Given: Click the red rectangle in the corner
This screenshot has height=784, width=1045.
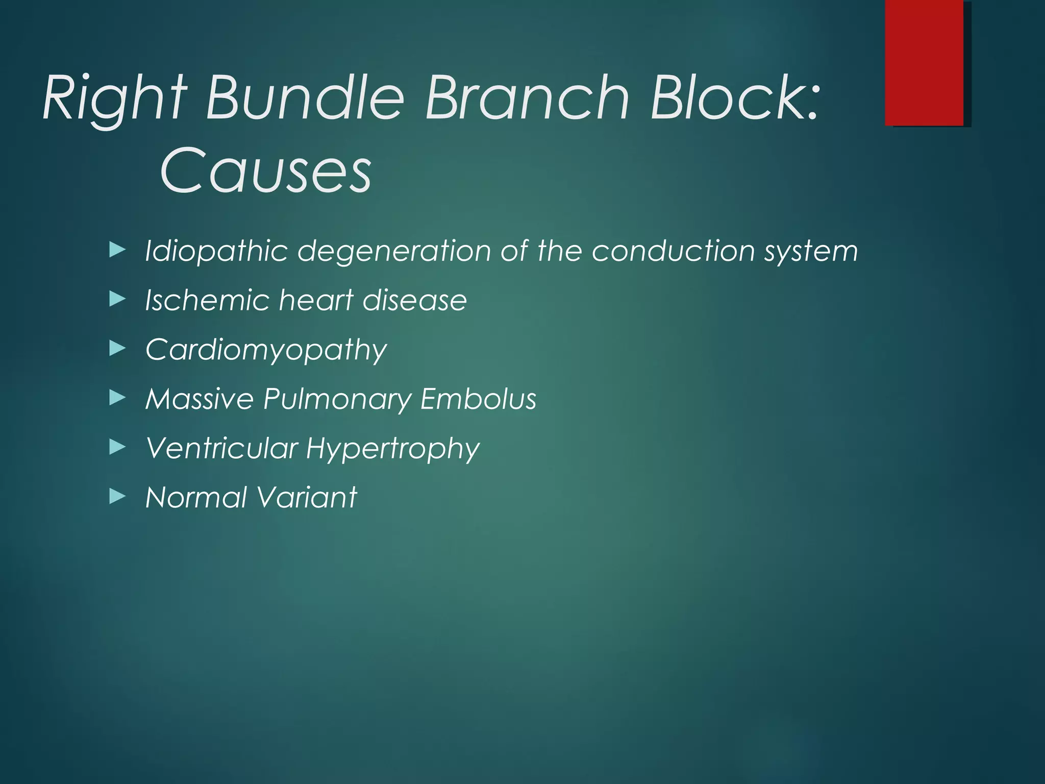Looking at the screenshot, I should (x=925, y=62).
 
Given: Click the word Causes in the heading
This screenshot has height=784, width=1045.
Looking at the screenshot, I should (x=265, y=170).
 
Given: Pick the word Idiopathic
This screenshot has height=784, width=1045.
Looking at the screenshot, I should (x=216, y=251).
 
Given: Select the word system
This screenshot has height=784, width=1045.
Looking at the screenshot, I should (x=811, y=251).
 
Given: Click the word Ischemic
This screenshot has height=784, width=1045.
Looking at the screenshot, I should (x=207, y=300).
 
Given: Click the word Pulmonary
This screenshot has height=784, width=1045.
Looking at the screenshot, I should (x=337, y=399).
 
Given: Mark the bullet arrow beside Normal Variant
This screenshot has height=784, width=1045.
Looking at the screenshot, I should (x=117, y=497).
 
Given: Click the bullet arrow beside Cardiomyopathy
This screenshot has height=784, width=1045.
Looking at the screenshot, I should (x=117, y=349).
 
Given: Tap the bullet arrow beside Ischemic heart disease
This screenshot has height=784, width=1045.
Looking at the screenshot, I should (x=117, y=300).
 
